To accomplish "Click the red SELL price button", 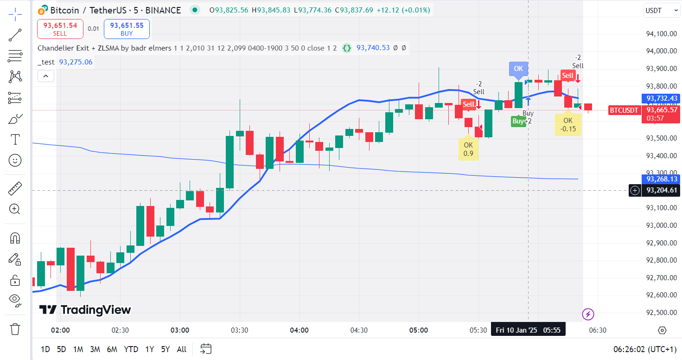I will click(60, 29).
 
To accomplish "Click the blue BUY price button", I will click(127, 29).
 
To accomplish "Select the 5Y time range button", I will click(166, 349).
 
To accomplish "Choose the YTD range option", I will click(131, 349).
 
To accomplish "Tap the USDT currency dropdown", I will click(662, 10).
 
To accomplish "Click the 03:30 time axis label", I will click(239, 330).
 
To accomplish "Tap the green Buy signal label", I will click(518, 121).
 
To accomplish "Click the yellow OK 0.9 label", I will click(468, 149).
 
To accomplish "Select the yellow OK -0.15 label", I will click(568, 125).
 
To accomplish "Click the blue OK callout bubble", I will click(518, 69).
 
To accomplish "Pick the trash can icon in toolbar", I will click(15, 329).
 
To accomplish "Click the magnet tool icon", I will click(15, 238).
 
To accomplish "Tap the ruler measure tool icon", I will click(15, 189).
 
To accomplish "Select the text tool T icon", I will click(15, 139).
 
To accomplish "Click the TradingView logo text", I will click(85, 310).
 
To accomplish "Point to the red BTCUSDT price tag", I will click(624, 110).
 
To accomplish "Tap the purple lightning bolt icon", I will click(588, 314).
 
